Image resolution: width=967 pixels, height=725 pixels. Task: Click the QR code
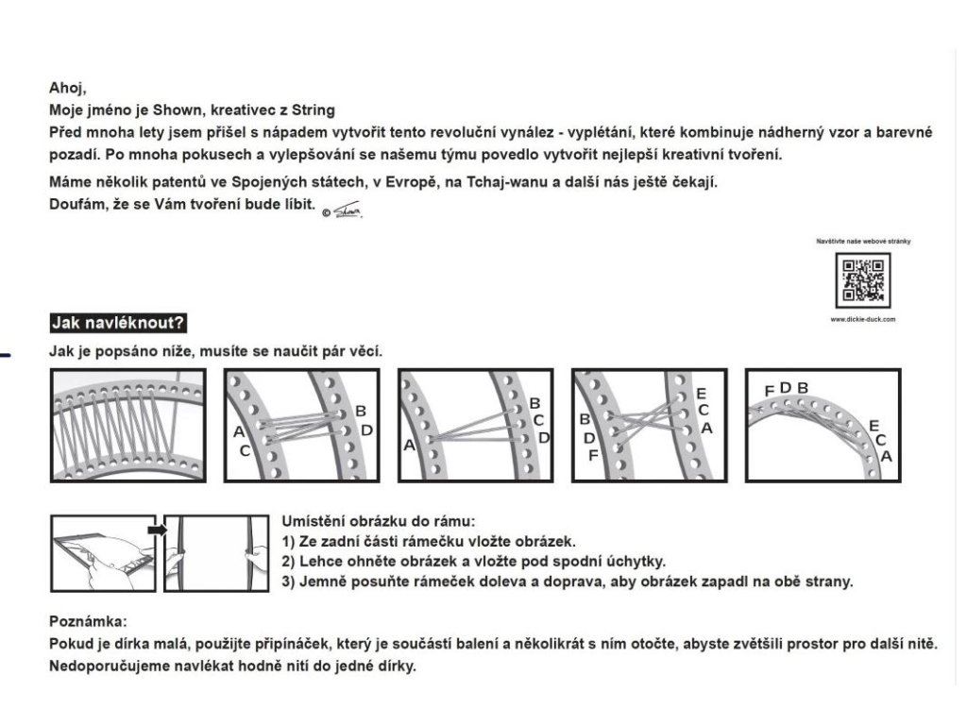(x=863, y=279)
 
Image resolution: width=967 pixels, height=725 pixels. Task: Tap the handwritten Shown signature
(x=348, y=211)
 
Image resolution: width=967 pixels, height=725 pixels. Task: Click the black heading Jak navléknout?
(x=118, y=324)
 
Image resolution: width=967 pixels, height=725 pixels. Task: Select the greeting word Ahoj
(x=66, y=90)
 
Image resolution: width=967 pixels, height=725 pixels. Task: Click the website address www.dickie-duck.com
(x=863, y=320)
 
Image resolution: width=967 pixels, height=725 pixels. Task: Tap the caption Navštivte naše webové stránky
(x=863, y=242)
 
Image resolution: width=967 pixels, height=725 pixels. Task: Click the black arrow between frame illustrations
(x=158, y=530)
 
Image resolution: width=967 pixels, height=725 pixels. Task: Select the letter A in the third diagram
(x=409, y=444)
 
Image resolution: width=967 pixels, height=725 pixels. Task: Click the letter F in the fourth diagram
(x=592, y=456)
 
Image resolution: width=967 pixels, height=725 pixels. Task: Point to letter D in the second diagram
(x=367, y=430)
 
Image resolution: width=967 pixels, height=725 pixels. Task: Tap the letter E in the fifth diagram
(x=874, y=425)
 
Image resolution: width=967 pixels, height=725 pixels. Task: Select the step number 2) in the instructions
(x=291, y=561)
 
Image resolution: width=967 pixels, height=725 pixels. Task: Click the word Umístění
(x=315, y=521)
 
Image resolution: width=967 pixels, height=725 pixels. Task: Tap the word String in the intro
(x=313, y=110)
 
